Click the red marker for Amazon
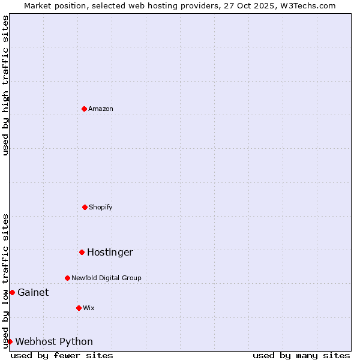click(84, 109)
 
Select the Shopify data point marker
click(85, 207)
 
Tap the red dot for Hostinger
click(82, 252)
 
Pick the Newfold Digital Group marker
click(67, 278)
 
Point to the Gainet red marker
click(12, 292)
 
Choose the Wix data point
click(79, 308)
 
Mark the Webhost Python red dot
click(10, 341)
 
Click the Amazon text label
click(101, 109)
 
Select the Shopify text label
click(101, 207)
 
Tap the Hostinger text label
click(110, 252)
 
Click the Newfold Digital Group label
click(106, 278)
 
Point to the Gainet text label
click(33, 292)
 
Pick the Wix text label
click(89, 308)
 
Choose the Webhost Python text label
click(54, 341)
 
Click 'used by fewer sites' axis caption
click(62, 355)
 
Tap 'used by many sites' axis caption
click(301, 355)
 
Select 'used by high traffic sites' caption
click(5, 85)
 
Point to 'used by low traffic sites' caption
click(5, 281)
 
